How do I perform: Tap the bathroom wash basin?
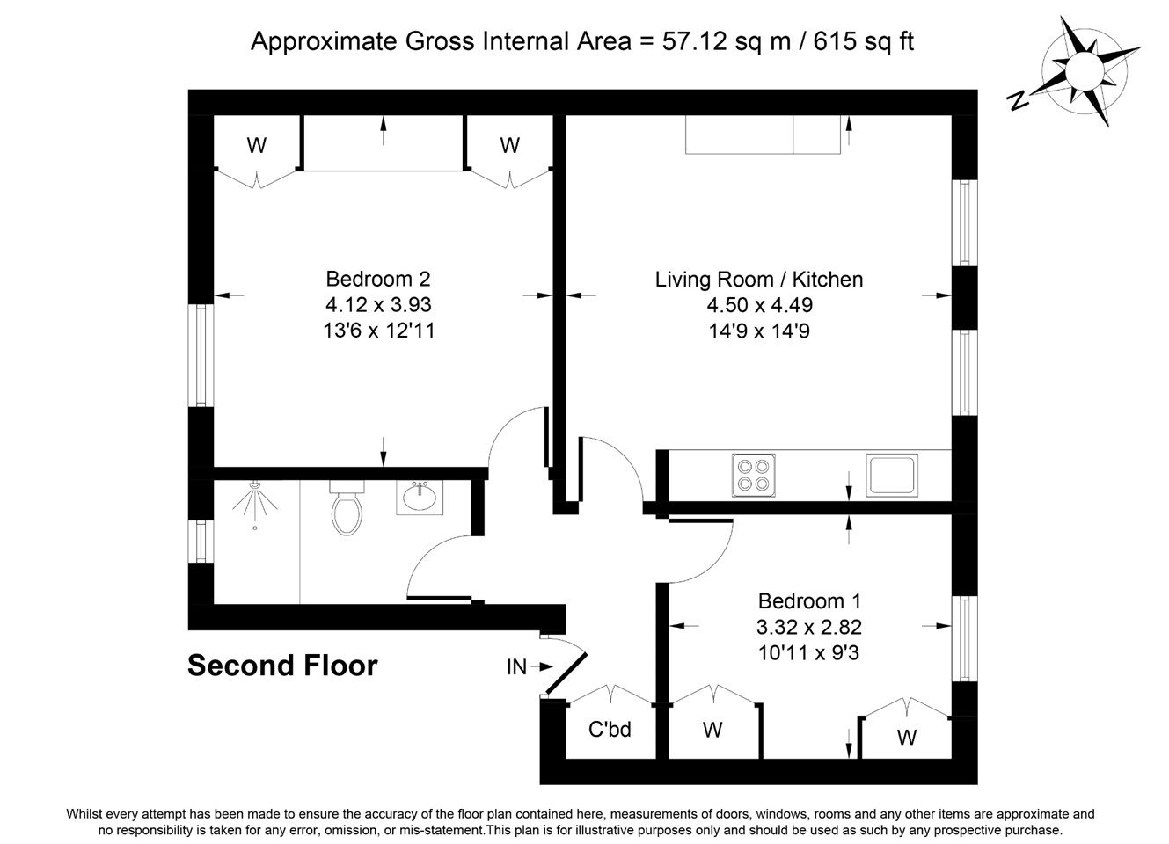point(419,497)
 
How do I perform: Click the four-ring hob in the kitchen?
point(753,475)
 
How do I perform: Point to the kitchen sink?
point(891,475)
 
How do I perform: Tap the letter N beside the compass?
point(1018,100)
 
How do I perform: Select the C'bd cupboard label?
point(610,729)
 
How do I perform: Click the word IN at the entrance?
point(516,667)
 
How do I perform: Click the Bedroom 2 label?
point(378,279)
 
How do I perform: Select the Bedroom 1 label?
point(809,601)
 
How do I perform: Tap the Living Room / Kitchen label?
point(759,280)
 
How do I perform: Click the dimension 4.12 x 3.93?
point(378,305)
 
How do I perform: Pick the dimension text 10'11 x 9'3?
point(808,652)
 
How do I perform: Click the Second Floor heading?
point(282,666)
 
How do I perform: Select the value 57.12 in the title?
point(694,41)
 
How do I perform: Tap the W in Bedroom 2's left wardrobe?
point(256,146)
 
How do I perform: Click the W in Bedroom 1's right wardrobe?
point(907,738)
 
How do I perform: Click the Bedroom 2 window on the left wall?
point(201,355)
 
